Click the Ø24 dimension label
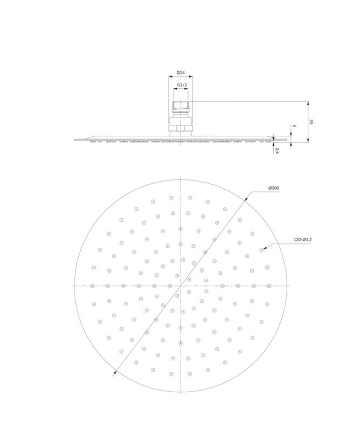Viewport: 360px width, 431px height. point(181,73)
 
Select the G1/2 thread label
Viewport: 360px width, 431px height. point(182,85)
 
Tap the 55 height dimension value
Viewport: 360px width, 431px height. point(311,122)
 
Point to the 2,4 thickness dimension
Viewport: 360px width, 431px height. point(277,151)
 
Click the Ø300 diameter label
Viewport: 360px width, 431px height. point(274,188)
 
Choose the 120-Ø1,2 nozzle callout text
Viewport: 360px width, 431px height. point(302,240)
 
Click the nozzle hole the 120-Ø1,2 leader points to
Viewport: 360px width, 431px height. point(261,249)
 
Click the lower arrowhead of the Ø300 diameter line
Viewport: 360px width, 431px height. point(115,373)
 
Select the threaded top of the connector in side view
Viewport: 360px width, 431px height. point(181,105)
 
